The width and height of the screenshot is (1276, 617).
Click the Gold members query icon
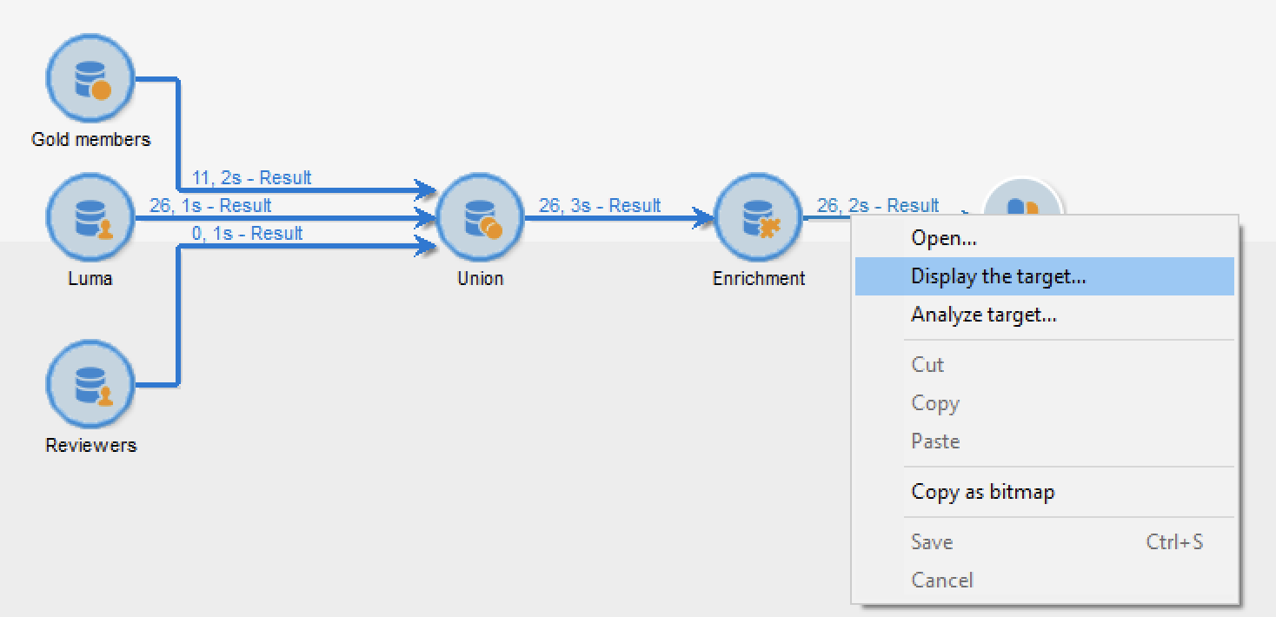(90, 78)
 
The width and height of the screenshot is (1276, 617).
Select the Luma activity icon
(90, 217)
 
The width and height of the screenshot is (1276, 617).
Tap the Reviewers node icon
(90, 385)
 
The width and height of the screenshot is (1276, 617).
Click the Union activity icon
(480, 217)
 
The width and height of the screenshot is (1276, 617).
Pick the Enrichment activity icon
(758, 217)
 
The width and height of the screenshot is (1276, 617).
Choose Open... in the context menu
(944, 238)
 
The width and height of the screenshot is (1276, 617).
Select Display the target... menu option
(999, 276)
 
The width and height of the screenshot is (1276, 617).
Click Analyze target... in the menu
(984, 315)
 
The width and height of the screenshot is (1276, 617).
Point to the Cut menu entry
(927, 365)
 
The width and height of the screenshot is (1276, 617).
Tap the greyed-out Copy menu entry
(935, 403)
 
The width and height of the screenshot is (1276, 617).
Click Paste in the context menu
(935, 441)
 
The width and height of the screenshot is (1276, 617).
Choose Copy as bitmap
(982, 492)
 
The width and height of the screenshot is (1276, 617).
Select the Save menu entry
(932, 541)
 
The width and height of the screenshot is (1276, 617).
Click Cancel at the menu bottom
(942, 580)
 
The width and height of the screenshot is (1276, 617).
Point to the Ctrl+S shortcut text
(1174, 541)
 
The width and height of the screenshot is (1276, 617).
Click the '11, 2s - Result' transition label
(251, 178)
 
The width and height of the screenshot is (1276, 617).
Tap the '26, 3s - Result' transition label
(599, 205)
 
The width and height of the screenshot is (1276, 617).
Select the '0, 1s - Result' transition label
(247, 233)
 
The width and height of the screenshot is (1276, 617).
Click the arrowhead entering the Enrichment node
(703, 217)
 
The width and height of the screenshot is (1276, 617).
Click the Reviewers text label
(90, 445)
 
